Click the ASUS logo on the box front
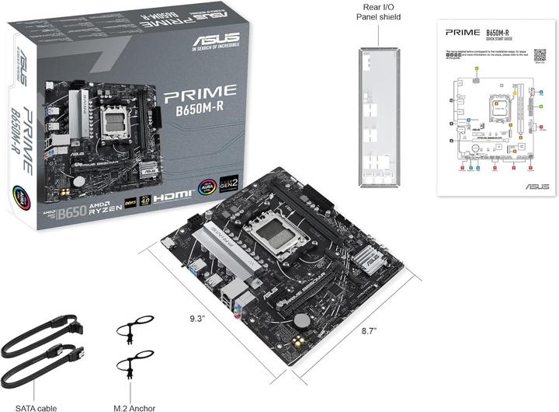(x=215, y=39)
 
